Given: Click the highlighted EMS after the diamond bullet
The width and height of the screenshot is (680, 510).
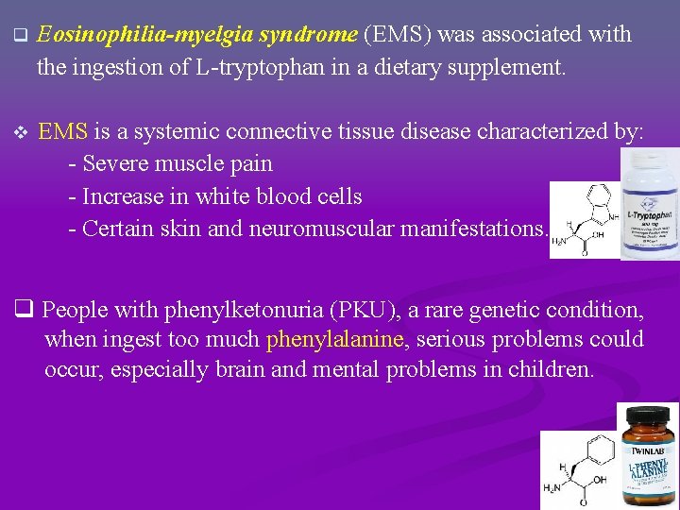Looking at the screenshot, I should (x=62, y=132).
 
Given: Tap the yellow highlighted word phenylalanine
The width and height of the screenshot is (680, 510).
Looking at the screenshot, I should (x=334, y=340).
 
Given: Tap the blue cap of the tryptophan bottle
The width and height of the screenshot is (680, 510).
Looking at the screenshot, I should (x=650, y=167).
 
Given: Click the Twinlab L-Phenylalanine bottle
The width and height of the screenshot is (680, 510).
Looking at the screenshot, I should (x=648, y=455).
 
